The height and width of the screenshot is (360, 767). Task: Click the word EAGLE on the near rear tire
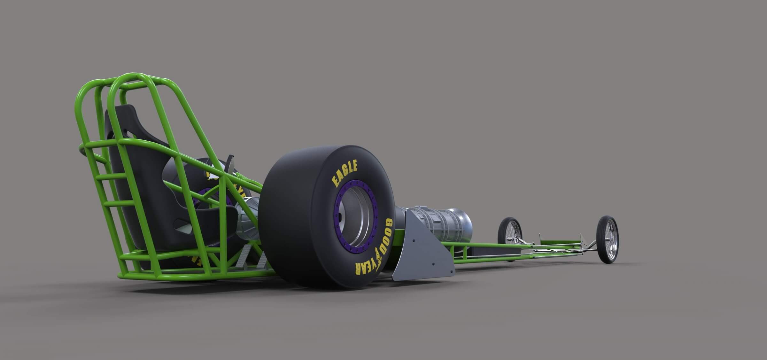click(x=345, y=174)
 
